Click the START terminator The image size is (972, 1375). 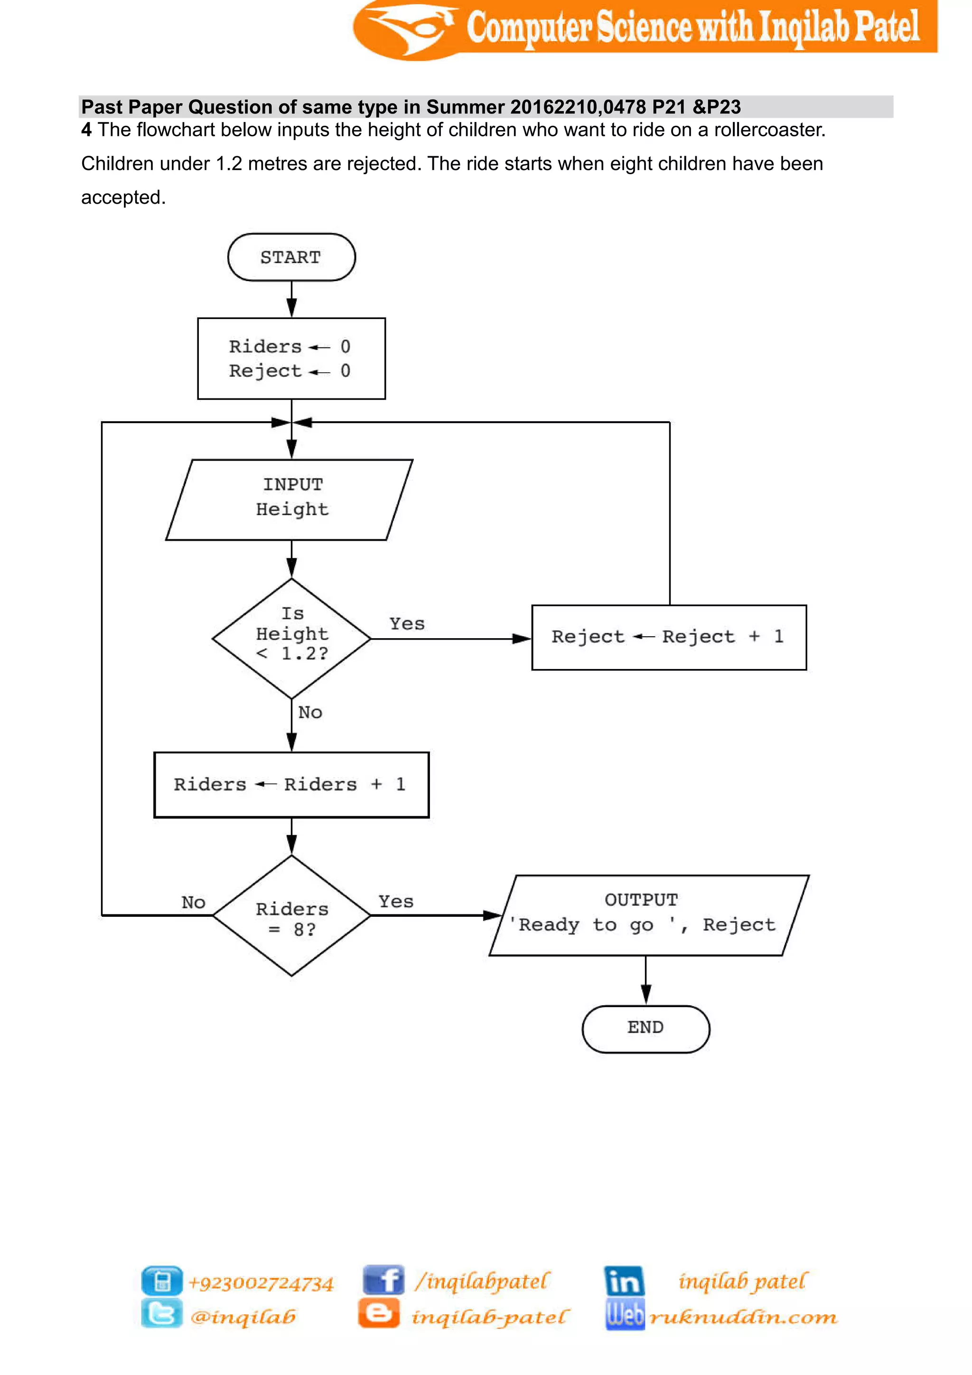pos(291,257)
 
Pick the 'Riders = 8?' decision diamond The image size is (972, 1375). pos(291,916)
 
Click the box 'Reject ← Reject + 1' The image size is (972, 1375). pos(669,637)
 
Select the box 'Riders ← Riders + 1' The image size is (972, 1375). pos(291,784)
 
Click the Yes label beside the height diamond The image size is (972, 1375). pos(407,624)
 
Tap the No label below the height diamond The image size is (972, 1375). pos(310,713)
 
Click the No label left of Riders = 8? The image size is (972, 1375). pos(193,903)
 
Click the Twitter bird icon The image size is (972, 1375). pos(161,1314)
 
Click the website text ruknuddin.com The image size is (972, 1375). pos(743,1317)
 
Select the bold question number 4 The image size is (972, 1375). pos(87,130)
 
